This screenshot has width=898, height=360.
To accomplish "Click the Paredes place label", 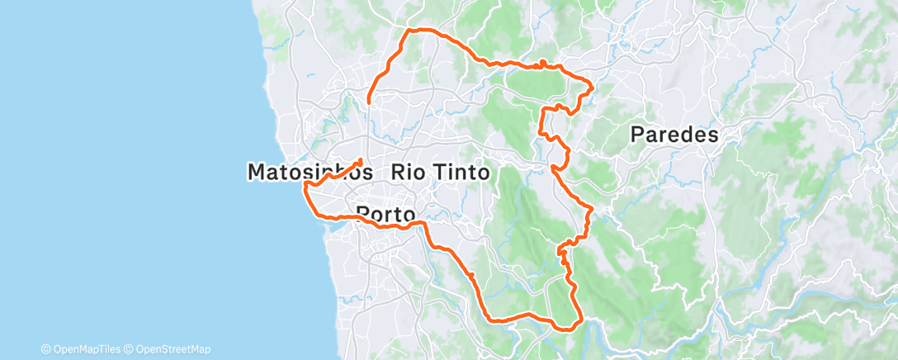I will pyautogui.click(x=674, y=135).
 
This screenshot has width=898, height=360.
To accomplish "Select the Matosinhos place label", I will pyautogui.click(x=310, y=173).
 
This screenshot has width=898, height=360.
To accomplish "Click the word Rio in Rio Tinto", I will pyautogui.click(x=409, y=173).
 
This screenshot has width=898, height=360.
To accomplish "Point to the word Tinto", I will pyautogui.click(x=461, y=173).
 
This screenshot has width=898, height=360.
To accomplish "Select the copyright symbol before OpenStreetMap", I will pyautogui.click(x=130, y=349).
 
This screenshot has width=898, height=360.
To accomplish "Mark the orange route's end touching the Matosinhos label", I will pyautogui.click(x=361, y=159).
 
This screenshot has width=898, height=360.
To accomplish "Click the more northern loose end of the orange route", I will pyautogui.click(x=368, y=101).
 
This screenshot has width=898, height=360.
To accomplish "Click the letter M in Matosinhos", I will pyautogui.click(x=258, y=173).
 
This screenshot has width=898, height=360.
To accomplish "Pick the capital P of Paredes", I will pyautogui.click(x=638, y=135).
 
